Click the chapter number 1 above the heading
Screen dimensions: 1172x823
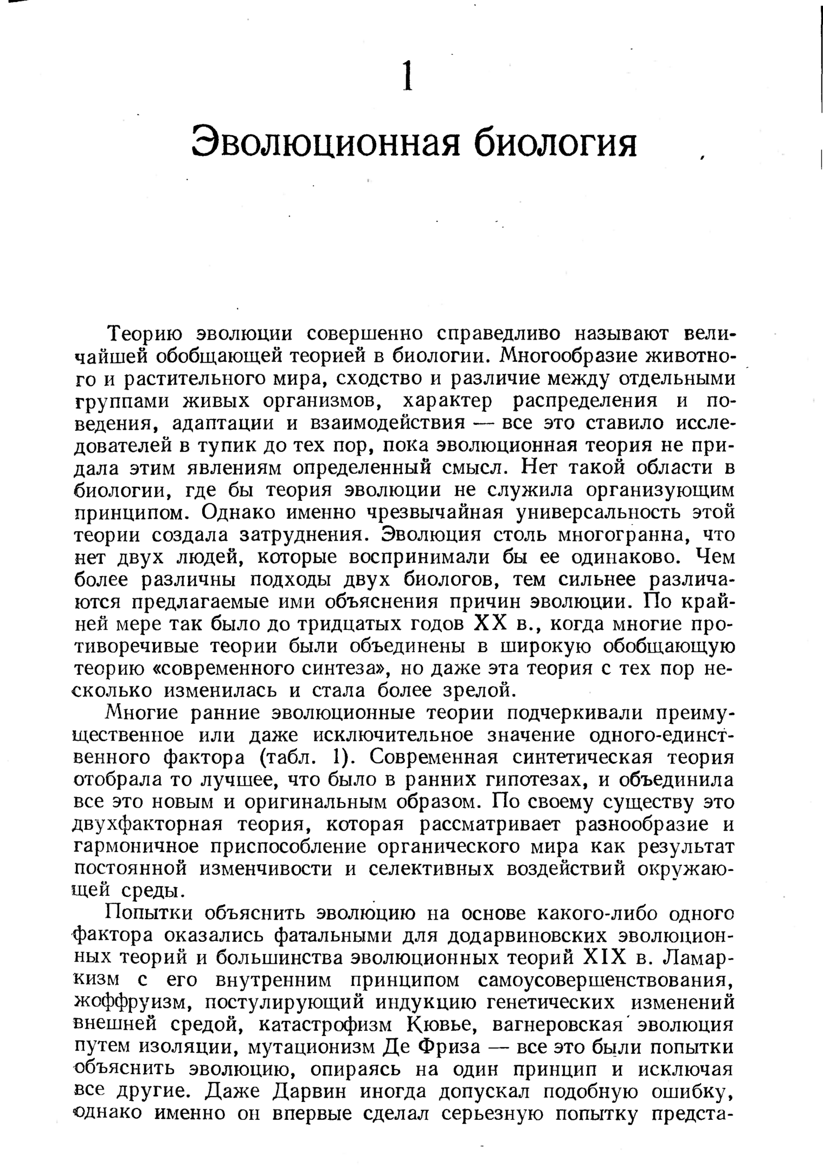click(408, 75)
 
